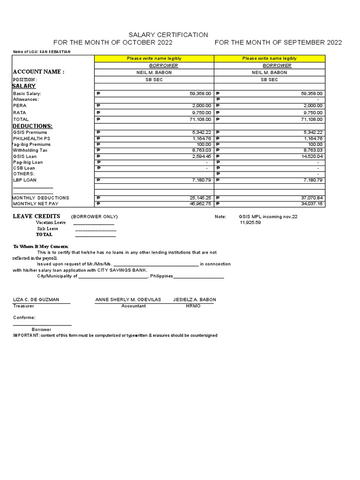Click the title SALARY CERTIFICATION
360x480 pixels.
(x=169, y=35)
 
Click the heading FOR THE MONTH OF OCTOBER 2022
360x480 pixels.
(x=113, y=43)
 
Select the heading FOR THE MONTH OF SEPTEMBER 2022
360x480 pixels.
(x=278, y=43)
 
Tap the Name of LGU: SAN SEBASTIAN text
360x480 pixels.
(x=42, y=52)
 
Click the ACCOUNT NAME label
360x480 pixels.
(x=38, y=72)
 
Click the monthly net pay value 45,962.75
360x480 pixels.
(x=201, y=204)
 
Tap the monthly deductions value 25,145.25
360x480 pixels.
(x=201, y=198)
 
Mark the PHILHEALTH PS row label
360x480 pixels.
(x=31, y=139)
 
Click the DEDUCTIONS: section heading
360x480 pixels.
(x=32, y=126)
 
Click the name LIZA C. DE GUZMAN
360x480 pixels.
(x=36, y=300)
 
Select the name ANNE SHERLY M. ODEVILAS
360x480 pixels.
(x=128, y=300)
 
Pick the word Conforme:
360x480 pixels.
(x=24, y=317)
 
